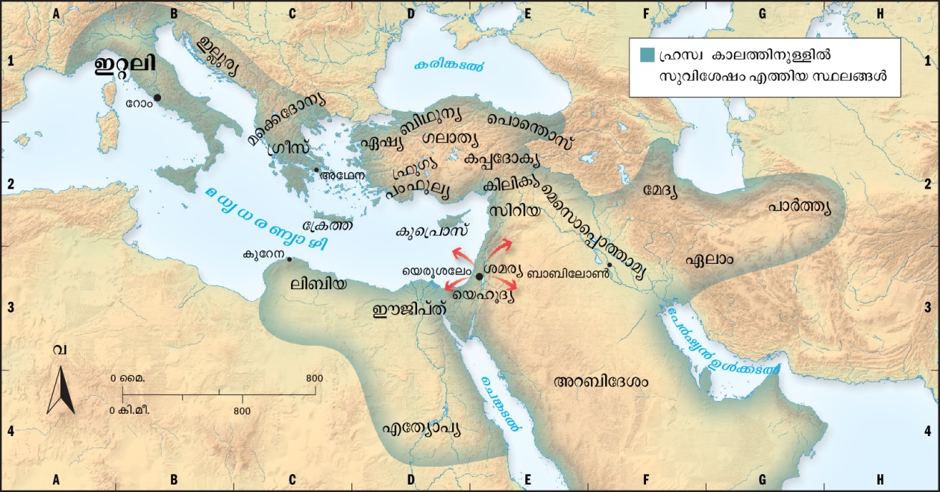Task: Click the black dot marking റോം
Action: point(157,98)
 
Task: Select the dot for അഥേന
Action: point(316,170)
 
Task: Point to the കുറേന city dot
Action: point(289,259)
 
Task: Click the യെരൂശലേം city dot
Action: point(479,277)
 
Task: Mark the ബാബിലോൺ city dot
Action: point(610,265)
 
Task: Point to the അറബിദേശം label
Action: point(601,382)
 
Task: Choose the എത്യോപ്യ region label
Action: point(421,429)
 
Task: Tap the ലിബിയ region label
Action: point(319,283)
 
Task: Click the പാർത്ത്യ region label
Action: point(799,206)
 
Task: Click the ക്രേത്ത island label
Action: point(328,224)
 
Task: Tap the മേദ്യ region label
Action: point(660,191)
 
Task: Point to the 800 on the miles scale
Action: point(315,379)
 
